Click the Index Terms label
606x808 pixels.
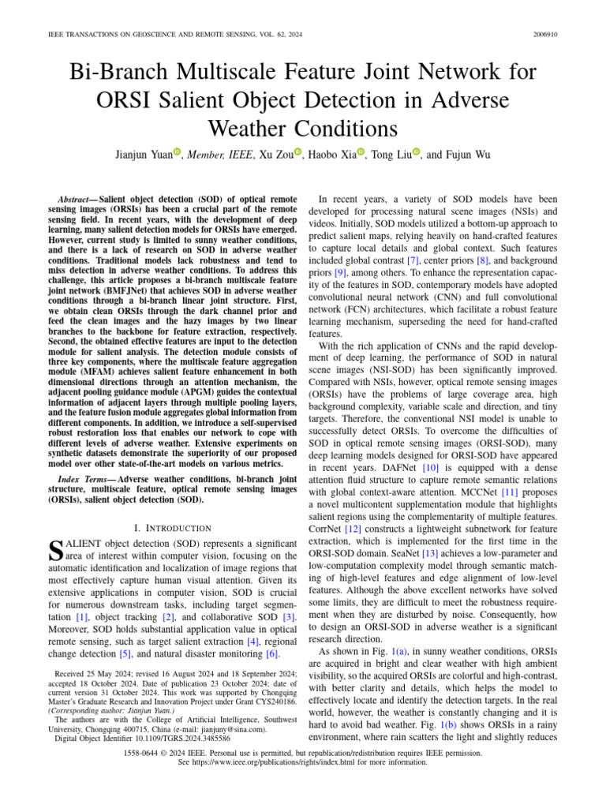coord(85,479)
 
